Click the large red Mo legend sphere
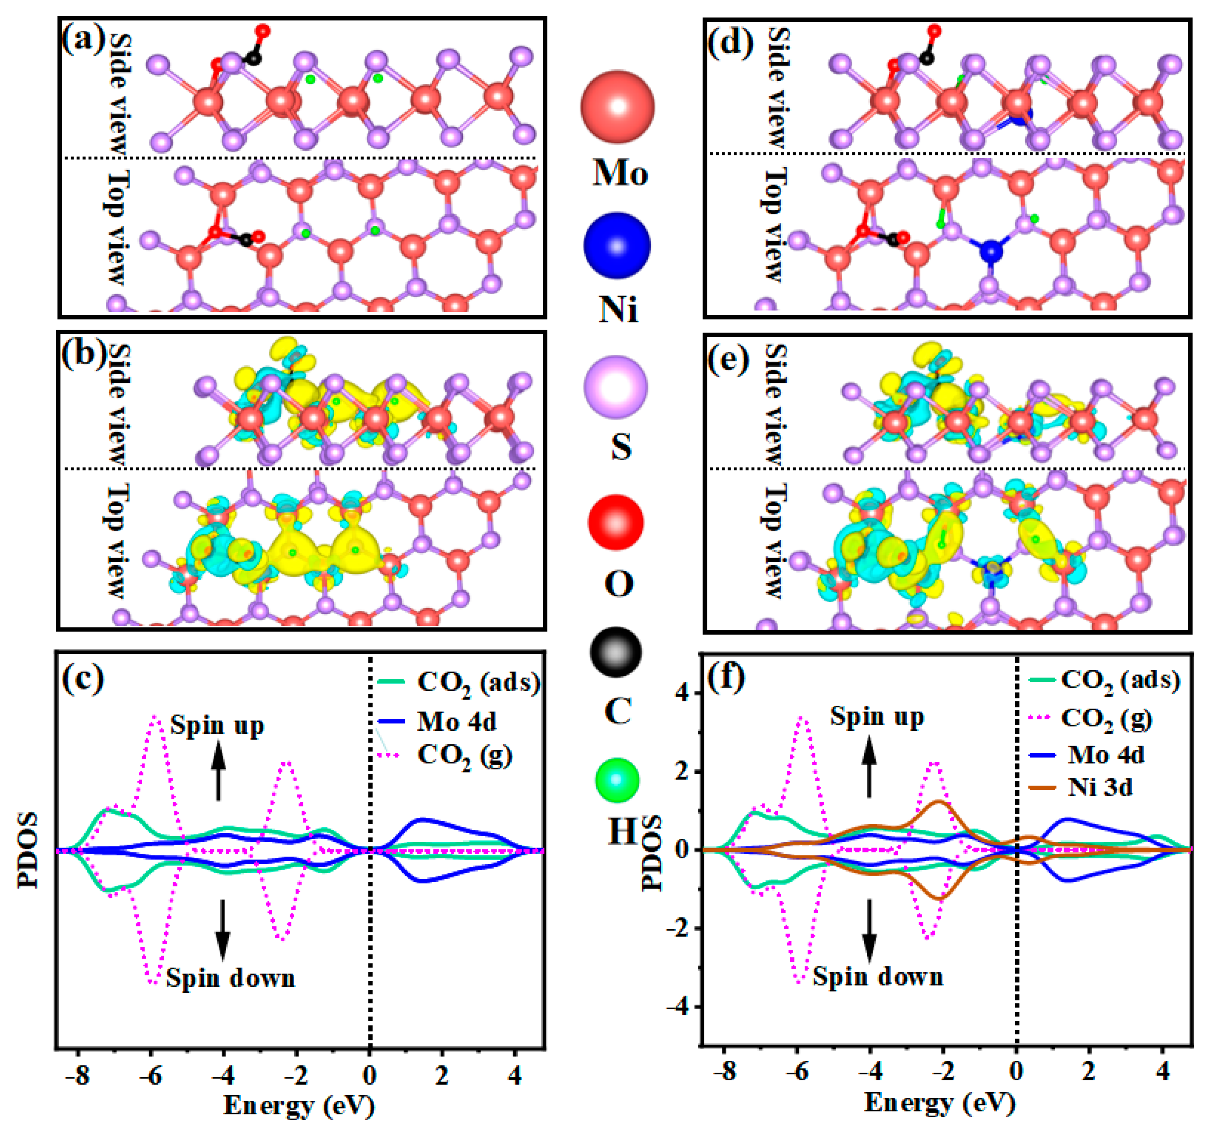617,107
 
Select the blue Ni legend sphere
617,245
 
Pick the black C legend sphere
616,652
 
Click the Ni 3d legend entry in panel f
1100,788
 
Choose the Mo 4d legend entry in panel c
456,722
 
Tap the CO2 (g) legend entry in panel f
1106,718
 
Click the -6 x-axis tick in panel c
150,1076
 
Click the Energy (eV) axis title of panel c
299,1105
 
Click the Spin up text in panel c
217,725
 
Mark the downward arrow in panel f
869,930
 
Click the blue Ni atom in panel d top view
991,251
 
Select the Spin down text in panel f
878,976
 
